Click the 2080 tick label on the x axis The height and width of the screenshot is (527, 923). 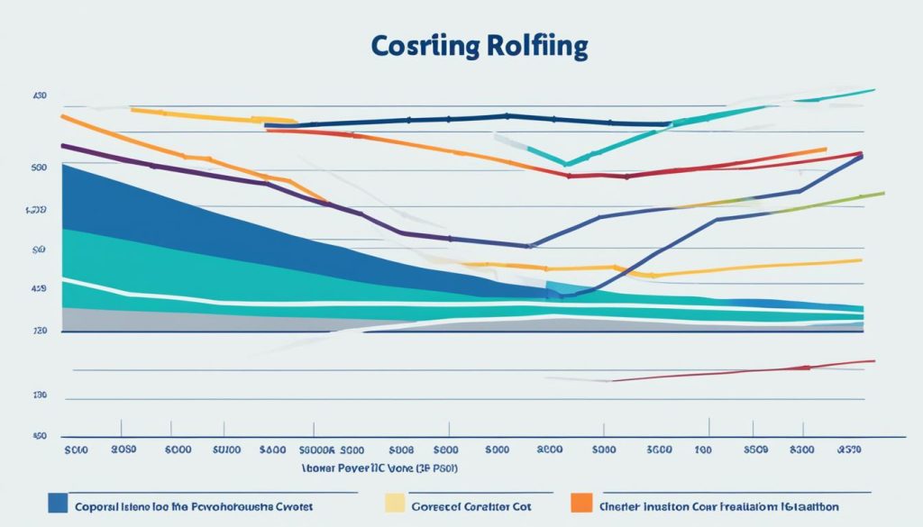tap(123, 448)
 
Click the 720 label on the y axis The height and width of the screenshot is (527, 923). tap(39, 332)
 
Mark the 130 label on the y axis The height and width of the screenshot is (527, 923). tap(39, 395)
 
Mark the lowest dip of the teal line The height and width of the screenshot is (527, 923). tap(565, 164)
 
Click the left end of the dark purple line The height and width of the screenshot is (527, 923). tap(62, 145)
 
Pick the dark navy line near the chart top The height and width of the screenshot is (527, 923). tap(451, 118)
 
